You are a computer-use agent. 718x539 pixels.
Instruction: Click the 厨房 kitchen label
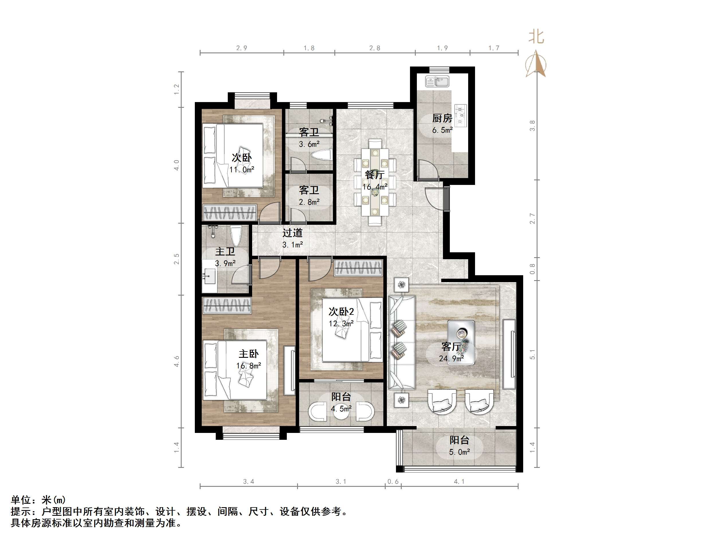point(442,118)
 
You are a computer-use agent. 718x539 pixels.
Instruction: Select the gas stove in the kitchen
point(460,115)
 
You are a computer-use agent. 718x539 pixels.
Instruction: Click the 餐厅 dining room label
point(374,175)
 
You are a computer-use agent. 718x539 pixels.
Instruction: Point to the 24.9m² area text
point(451,359)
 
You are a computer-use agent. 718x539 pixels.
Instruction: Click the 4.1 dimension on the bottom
point(459,481)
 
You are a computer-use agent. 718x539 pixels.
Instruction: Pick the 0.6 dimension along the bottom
point(393,481)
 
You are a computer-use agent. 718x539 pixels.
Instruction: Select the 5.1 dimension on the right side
point(532,354)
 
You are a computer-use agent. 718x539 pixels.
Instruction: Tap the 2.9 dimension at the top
point(242,48)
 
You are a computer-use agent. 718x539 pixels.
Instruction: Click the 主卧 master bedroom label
point(249,354)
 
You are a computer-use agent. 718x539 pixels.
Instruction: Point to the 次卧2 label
point(341,312)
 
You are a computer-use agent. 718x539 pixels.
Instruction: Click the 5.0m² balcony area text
point(460,452)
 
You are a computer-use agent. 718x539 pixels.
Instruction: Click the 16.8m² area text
point(249,366)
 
